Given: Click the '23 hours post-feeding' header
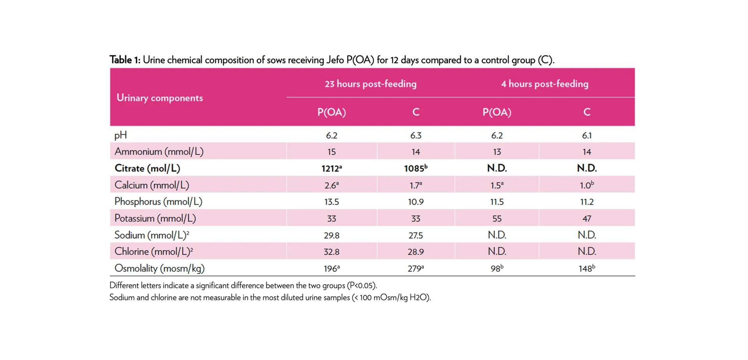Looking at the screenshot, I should [370, 84].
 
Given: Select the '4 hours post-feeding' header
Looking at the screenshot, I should [544, 84].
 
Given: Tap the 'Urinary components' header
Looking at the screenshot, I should [160, 98].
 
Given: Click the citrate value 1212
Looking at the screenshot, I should [331, 168].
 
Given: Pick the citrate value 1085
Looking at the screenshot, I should [415, 168].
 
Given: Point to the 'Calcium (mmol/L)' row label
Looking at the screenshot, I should [152, 185].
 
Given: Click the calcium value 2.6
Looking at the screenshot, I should [331, 185].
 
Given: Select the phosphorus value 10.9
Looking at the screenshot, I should [415, 202].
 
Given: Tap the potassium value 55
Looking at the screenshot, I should [497, 219].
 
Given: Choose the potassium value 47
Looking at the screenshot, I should [586, 219].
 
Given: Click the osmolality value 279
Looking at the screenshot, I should [415, 268].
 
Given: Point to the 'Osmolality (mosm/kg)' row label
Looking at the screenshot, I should [159, 268].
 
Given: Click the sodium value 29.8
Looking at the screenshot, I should [331, 235].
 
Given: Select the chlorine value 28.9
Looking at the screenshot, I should [415, 252].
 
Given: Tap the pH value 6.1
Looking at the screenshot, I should [586, 136].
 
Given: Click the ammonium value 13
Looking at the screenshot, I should [497, 152].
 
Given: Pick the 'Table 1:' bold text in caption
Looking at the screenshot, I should [125, 60].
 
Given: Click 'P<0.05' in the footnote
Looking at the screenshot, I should [362, 286].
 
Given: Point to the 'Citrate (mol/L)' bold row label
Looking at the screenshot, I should [147, 168].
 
